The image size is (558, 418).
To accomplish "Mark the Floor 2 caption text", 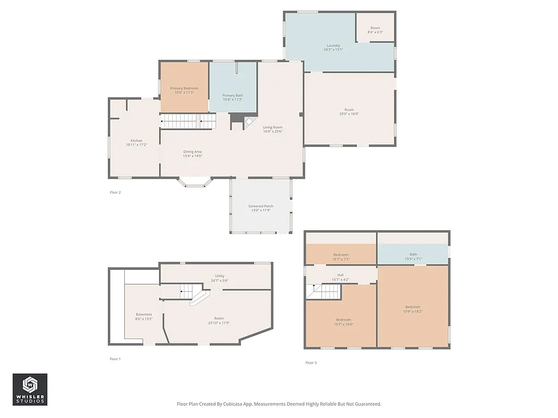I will point(115,192).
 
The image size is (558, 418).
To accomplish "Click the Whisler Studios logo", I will point(30,389).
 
